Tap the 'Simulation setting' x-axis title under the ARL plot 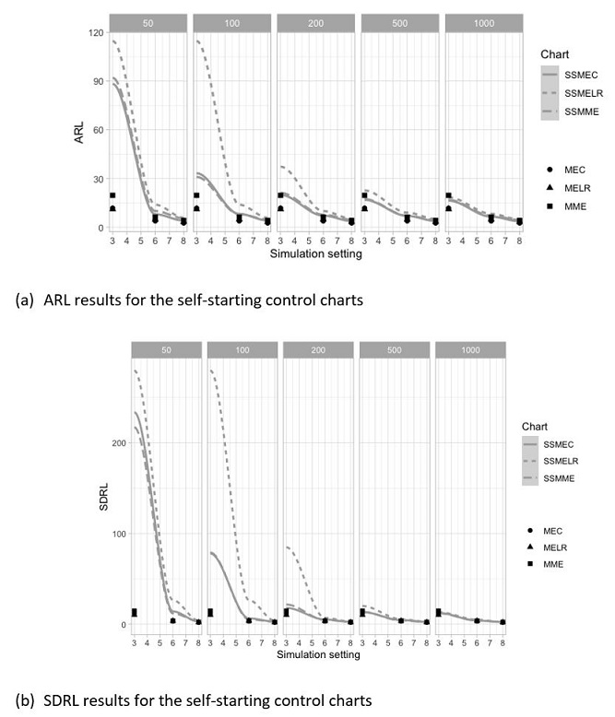[316, 254]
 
